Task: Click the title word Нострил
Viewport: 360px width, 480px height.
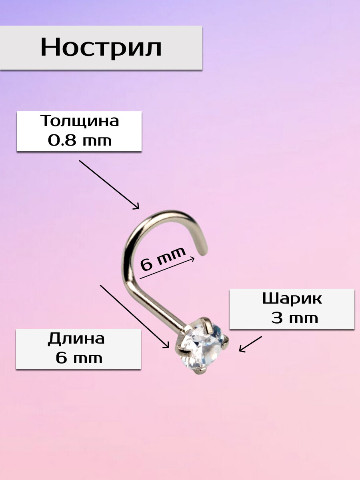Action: [x=101, y=48]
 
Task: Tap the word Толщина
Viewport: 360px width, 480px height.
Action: [x=79, y=121]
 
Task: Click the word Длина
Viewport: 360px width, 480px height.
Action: [x=76, y=339]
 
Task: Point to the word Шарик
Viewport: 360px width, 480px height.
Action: [x=292, y=299]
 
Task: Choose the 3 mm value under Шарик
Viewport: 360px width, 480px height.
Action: [x=294, y=318]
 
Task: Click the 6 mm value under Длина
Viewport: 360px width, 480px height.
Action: [x=79, y=358]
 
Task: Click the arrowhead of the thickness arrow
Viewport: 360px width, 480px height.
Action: [x=136, y=206]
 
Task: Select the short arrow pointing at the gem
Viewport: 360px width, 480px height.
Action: [x=250, y=344]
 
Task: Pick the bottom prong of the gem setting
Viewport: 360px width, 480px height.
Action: [x=196, y=374]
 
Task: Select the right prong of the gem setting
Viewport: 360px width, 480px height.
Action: [x=226, y=340]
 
